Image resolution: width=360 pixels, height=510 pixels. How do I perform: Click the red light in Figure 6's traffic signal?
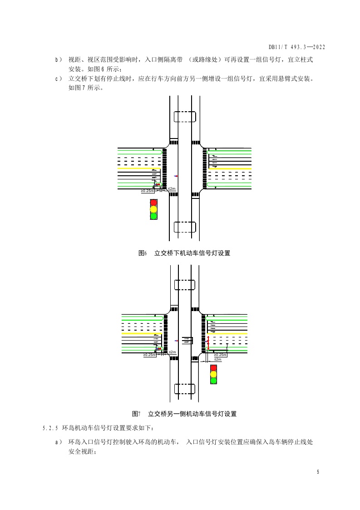[x=153, y=203]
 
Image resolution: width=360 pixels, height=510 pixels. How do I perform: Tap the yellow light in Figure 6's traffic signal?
[x=153, y=209]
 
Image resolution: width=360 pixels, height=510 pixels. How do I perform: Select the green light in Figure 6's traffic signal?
[x=153, y=216]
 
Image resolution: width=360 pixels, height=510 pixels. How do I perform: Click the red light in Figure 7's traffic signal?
[x=213, y=368]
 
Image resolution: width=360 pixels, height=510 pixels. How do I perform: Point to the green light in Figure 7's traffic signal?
[x=213, y=381]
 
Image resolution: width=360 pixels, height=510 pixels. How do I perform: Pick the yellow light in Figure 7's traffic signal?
[x=213, y=374]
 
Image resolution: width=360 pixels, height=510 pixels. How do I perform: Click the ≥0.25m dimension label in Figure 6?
[x=148, y=191]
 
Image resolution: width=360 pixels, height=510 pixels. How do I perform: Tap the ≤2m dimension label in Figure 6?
[x=172, y=188]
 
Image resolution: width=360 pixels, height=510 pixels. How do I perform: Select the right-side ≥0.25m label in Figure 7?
[x=220, y=355]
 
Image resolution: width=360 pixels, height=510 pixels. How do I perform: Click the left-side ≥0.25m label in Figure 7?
[x=150, y=355]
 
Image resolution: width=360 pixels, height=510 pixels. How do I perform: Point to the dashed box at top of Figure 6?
[x=184, y=117]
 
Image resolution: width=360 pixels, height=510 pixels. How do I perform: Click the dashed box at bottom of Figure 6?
[x=184, y=227]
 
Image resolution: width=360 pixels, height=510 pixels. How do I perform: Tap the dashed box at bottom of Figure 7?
[x=185, y=389]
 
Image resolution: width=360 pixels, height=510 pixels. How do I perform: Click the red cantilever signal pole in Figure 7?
[x=208, y=343]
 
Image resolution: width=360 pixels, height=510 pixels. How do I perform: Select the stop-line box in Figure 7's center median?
[x=187, y=340]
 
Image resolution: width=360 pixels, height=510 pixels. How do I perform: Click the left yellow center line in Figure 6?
[x=140, y=168]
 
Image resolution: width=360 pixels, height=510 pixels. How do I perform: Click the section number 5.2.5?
[x=49, y=428]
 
